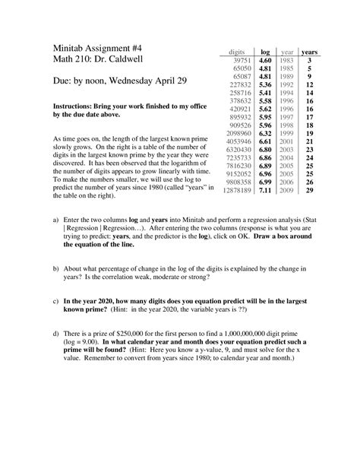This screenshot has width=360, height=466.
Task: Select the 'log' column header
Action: click(x=266, y=50)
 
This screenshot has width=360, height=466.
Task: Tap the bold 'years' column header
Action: click(x=309, y=50)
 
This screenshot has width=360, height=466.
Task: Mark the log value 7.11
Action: click(x=266, y=192)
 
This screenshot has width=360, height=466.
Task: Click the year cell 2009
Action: click(x=286, y=192)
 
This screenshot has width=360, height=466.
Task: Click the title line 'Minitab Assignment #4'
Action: click(x=94, y=46)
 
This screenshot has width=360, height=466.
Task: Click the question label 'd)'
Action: click(x=55, y=333)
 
